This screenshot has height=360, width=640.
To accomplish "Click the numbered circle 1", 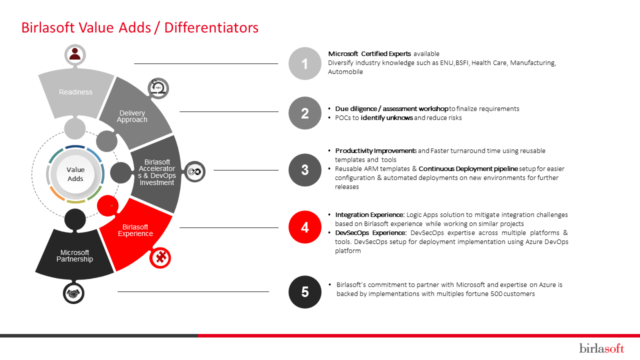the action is [x=305, y=63].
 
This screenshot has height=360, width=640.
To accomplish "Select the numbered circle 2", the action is [x=305, y=113].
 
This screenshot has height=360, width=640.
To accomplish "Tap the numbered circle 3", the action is [x=305, y=170].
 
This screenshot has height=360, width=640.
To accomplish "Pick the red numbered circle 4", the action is [x=305, y=227].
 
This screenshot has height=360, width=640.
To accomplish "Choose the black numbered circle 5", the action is [x=305, y=291].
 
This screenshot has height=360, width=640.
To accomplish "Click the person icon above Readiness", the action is [x=75, y=54].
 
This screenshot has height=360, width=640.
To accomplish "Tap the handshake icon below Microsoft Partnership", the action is [x=73, y=293].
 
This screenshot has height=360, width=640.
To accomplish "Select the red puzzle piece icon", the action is [x=160, y=257].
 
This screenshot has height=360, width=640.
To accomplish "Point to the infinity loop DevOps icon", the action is [x=194, y=171].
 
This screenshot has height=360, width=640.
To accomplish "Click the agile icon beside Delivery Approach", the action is [x=158, y=88].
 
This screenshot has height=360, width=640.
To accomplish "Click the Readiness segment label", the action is [x=75, y=92].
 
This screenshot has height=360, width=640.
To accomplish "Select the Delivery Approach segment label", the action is [x=132, y=116].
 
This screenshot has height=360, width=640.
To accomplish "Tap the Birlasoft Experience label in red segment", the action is [x=135, y=230].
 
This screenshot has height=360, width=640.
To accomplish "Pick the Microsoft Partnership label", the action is [x=74, y=255].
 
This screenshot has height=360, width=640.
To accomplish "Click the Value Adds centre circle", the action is [x=75, y=174].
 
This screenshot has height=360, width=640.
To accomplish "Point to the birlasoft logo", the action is [x=601, y=348].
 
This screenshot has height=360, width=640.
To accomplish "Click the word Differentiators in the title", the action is [x=211, y=27].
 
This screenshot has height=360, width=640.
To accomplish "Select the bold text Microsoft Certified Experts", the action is [x=369, y=53].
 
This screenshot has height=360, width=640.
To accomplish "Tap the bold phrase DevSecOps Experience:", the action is [x=370, y=233].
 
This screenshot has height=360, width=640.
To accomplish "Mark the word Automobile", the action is [x=345, y=71].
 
